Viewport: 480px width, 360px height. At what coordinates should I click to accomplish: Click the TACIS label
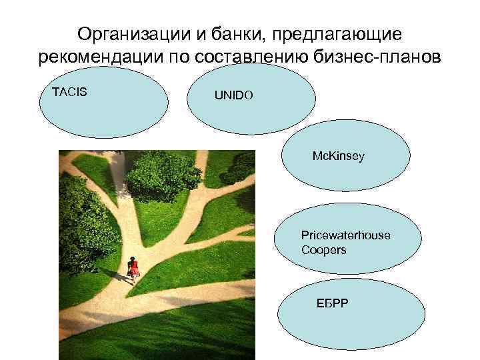(69, 91)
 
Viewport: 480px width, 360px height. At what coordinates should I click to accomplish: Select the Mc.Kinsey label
(339, 156)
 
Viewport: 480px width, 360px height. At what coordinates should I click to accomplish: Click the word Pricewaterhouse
(345, 235)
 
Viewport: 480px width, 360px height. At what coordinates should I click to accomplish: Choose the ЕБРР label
(328, 305)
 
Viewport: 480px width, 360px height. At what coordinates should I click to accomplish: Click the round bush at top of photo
(163, 175)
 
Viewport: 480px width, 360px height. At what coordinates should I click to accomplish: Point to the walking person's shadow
(120, 275)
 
